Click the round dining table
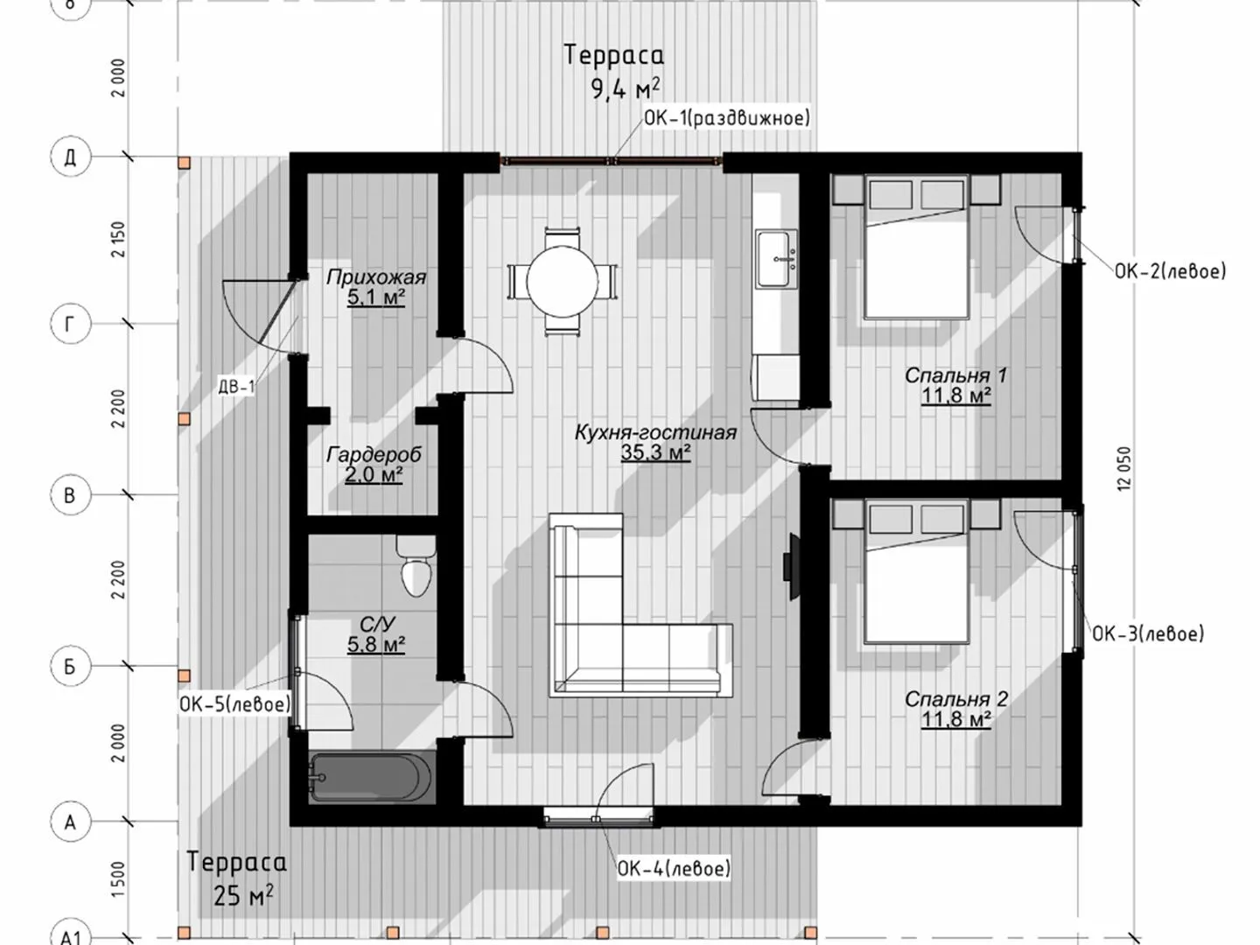(x=562, y=281)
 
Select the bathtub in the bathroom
(x=371, y=778)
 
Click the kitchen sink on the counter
(x=776, y=258)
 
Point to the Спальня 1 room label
(x=955, y=375)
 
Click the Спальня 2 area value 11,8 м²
(x=955, y=719)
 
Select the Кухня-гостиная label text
(x=655, y=432)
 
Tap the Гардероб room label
(x=374, y=454)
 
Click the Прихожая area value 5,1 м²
(x=376, y=297)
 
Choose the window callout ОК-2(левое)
(x=1170, y=271)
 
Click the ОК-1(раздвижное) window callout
(x=727, y=117)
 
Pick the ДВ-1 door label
(x=236, y=388)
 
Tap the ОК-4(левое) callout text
(x=674, y=868)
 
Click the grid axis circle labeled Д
(x=71, y=156)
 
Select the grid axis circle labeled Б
(x=71, y=667)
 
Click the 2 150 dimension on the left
(x=118, y=239)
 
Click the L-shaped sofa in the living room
(x=640, y=605)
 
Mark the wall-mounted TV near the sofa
(x=790, y=567)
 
